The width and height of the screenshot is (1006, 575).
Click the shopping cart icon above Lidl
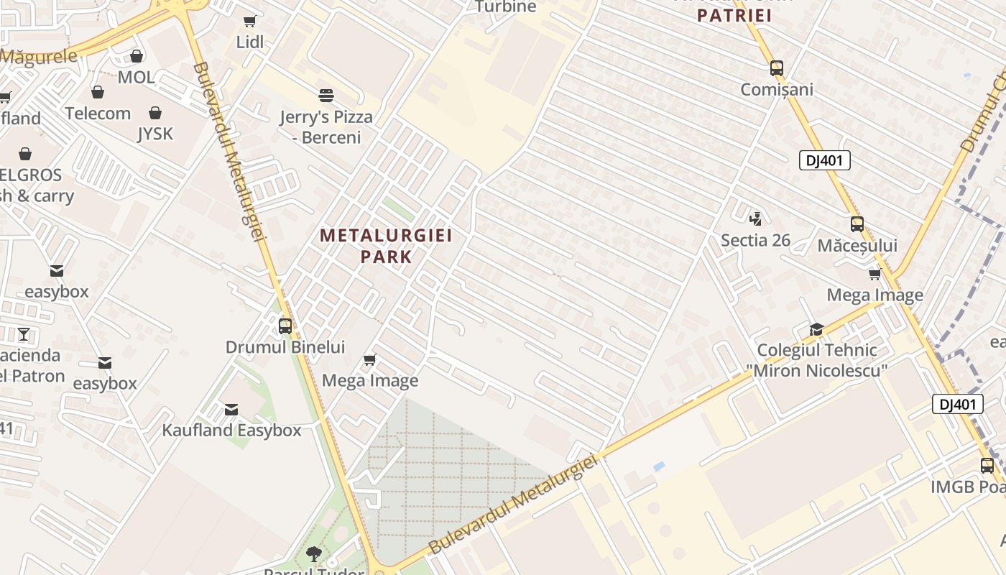[249, 22]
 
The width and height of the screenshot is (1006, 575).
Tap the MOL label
[136, 77]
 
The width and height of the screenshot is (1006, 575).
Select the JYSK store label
[155, 134]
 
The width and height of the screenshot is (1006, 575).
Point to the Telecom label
[98, 113]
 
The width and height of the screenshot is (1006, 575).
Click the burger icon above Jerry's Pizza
[326, 96]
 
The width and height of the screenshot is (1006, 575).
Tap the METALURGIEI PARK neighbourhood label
[386, 246]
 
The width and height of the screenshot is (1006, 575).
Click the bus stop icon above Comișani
[776, 68]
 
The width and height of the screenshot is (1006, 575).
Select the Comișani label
[777, 89]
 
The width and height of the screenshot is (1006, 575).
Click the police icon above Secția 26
[755, 218]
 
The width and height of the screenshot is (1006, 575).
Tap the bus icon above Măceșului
[857, 224]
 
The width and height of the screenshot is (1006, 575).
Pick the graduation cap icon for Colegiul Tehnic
[816, 329]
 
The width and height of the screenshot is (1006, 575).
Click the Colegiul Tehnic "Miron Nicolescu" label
[817, 360]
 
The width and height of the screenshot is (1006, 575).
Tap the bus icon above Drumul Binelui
[285, 326]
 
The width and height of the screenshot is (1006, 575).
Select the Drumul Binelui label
[285, 347]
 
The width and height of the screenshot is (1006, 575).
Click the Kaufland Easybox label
[231, 431]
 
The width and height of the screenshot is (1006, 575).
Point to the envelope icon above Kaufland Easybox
[231, 410]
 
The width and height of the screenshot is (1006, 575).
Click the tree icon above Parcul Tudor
[313, 553]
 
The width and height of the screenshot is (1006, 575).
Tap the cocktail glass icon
[24, 333]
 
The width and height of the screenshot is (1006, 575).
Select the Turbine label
[506, 7]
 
